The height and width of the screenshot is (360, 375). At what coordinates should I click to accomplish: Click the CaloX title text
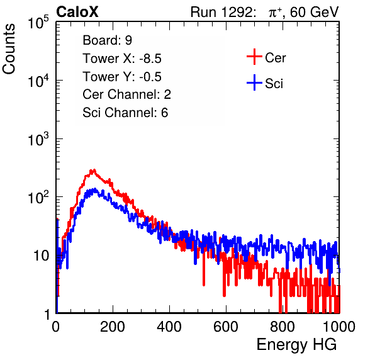click(77, 12)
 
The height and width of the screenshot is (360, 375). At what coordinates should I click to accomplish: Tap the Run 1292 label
click(221, 12)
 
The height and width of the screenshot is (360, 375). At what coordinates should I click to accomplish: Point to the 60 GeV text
click(314, 12)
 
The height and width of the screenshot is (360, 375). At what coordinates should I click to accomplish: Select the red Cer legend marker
click(254, 57)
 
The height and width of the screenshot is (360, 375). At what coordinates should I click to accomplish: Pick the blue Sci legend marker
click(254, 83)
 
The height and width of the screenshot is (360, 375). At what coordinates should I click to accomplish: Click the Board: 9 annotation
click(108, 40)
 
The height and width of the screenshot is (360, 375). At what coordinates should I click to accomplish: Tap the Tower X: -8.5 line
click(122, 59)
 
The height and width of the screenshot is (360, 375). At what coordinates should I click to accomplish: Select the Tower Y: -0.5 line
click(122, 77)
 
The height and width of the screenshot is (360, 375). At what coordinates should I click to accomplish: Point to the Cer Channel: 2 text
click(126, 94)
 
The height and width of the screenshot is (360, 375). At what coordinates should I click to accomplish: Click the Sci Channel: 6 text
click(125, 113)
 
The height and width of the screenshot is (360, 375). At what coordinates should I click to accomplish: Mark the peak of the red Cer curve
click(94, 171)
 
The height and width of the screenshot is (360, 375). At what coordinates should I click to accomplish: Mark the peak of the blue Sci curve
click(95, 189)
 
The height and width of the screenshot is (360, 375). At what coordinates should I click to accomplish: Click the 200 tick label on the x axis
click(113, 327)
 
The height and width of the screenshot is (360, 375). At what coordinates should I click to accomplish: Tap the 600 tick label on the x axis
click(226, 327)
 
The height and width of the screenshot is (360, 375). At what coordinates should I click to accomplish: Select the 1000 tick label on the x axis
click(339, 327)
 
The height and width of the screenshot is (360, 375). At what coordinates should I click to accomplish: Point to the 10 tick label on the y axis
click(41, 256)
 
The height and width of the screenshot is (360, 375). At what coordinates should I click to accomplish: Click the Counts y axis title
click(9, 49)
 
